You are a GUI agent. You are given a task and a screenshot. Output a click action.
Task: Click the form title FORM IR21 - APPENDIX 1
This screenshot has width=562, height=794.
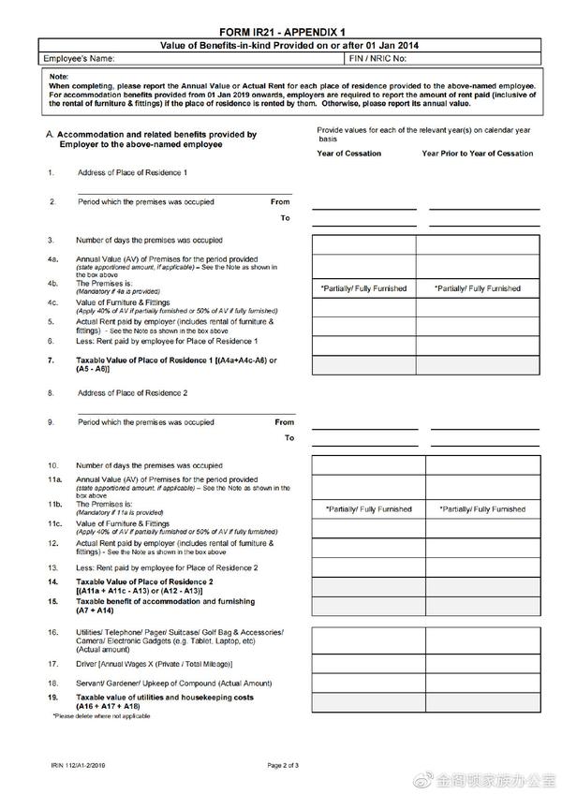point(280,31)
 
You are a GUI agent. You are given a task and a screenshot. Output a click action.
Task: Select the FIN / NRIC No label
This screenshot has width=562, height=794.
point(377,58)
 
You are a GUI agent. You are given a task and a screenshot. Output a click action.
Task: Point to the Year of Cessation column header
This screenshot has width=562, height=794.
point(348,154)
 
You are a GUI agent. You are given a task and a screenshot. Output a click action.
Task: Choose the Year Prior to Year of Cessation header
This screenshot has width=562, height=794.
point(477,154)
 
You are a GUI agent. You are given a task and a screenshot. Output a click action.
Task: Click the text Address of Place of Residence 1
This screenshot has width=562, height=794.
point(132,173)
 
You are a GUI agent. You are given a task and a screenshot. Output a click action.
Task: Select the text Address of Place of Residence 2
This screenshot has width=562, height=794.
point(132,393)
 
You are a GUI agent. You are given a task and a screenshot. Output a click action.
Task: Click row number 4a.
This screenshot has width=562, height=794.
point(53,258)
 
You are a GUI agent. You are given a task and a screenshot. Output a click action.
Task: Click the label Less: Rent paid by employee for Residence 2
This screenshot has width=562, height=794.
point(167,567)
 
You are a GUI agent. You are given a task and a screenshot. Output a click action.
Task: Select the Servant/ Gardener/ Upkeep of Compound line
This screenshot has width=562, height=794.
point(173,684)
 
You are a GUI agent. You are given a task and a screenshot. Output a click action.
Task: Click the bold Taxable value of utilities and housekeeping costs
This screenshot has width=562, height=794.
point(164,698)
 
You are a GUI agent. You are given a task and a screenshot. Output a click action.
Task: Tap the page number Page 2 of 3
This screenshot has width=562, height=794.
point(282,766)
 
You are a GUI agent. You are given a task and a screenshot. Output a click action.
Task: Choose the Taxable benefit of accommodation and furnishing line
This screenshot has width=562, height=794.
point(165,601)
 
